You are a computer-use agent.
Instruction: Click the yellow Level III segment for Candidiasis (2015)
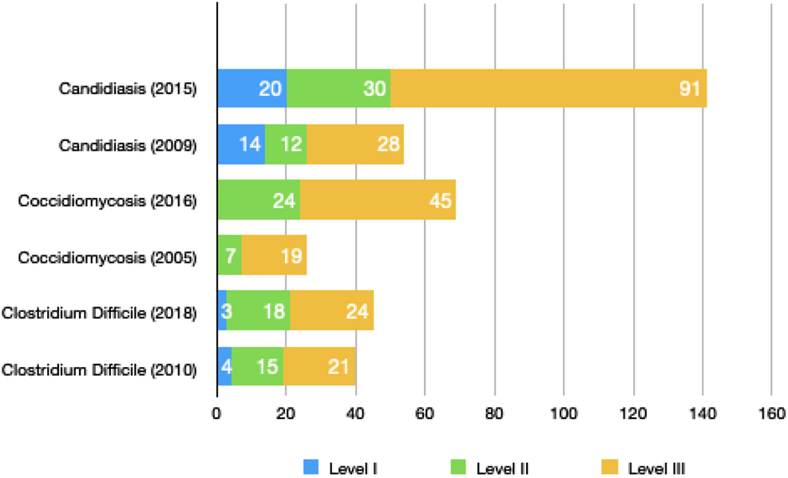click(548, 89)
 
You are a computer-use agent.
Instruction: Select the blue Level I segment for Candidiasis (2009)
click(241, 144)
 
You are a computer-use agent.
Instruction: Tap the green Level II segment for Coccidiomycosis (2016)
click(259, 199)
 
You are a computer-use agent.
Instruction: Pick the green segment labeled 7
click(230, 255)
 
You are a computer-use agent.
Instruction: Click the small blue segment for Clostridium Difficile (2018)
click(222, 311)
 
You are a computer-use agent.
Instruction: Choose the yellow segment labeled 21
click(319, 367)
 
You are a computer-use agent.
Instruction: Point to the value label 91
click(689, 89)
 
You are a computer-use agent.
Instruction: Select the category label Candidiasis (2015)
click(128, 89)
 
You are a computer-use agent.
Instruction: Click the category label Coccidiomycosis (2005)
click(108, 255)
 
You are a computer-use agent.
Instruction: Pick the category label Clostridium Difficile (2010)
click(100, 370)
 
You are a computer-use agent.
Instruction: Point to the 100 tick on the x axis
click(564, 413)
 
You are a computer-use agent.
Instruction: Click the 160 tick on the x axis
click(771, 413)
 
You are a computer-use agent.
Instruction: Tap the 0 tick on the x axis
click(217, 413)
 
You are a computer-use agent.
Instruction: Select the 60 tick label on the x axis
click(425, 413)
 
